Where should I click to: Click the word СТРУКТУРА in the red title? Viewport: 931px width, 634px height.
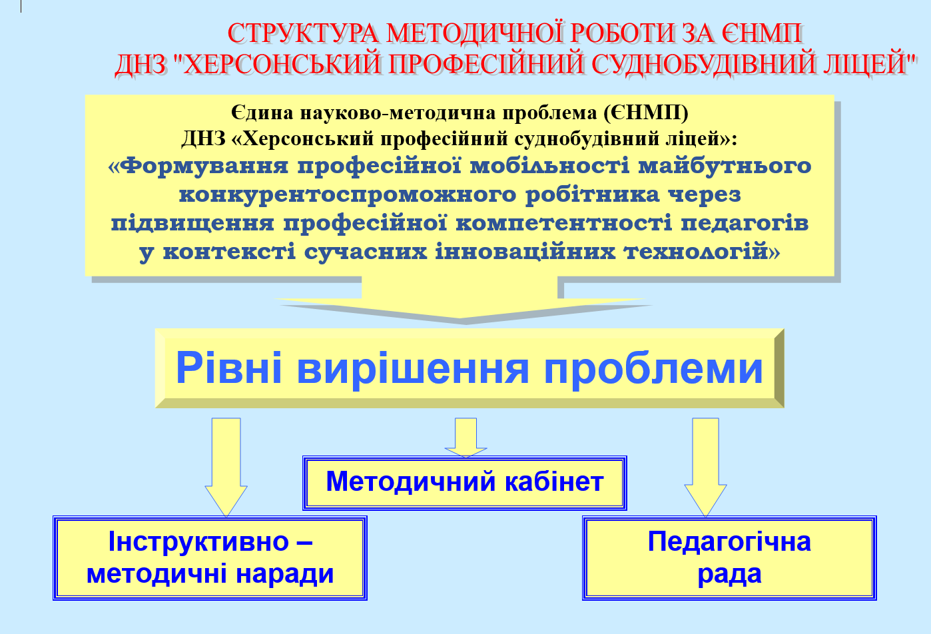tap(303, 33)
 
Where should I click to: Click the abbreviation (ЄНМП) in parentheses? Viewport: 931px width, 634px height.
tap(646, 113)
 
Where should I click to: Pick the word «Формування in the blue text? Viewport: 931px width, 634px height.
tap(198, 165)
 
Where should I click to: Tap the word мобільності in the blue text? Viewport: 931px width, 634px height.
tap(550, 165)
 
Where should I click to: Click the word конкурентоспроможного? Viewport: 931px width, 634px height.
tap(348, 194)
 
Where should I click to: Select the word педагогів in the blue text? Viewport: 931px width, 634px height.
tap(745, 222)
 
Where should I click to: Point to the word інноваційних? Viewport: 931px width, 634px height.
tap(525, 250)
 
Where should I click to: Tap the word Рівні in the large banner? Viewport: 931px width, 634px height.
tap(229, 368)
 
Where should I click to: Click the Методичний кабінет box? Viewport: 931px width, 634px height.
tap(465, 483)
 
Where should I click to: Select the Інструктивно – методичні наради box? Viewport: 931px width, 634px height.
tap(210, 558)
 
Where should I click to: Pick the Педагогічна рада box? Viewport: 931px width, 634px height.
tap(729, 558)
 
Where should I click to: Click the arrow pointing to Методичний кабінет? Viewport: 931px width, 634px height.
tap(465, 438)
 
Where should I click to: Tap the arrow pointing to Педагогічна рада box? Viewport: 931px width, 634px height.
tap(705, 468)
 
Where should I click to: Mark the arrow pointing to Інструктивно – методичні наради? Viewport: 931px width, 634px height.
tap(226, 468)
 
